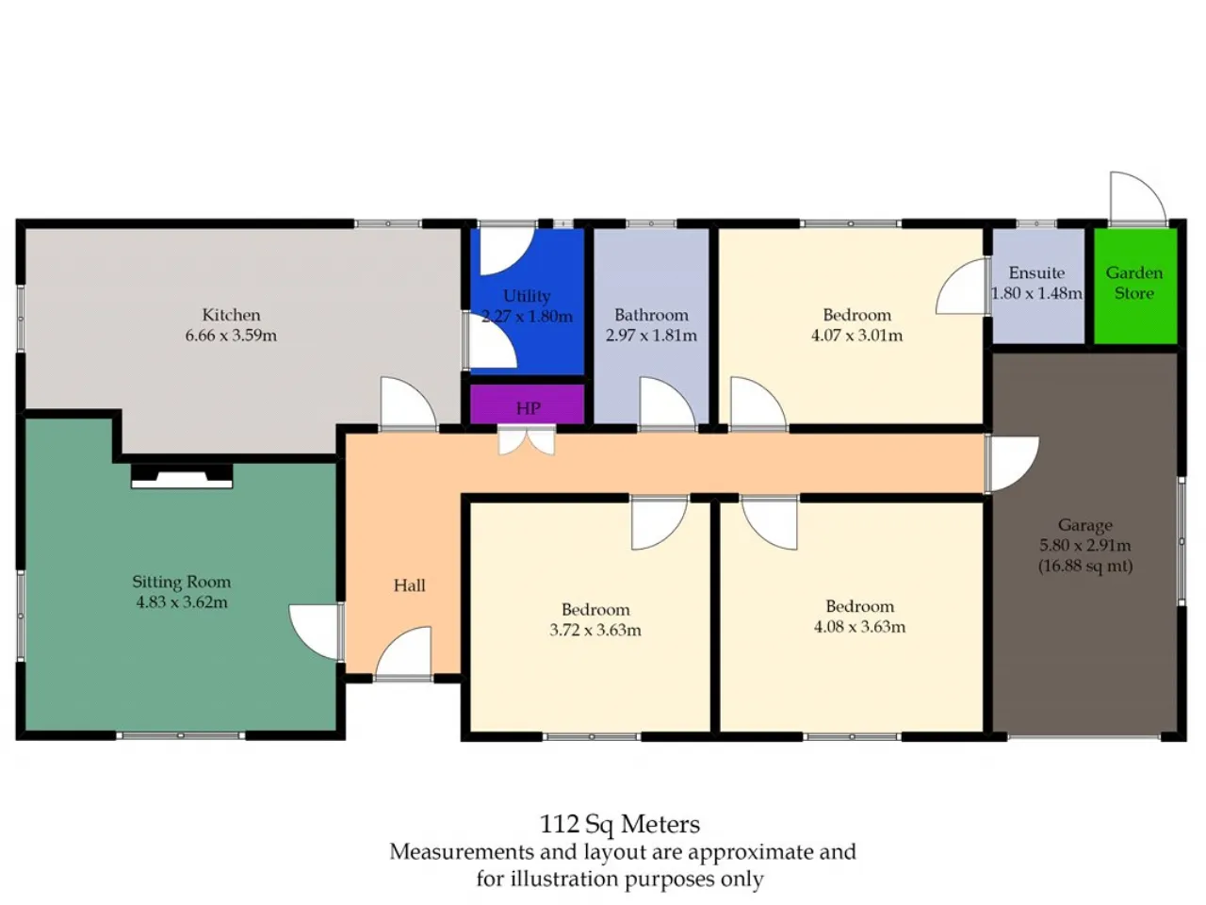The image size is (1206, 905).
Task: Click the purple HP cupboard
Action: tap(527, 403)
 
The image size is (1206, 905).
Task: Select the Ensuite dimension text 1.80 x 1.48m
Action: tap(1036, 293)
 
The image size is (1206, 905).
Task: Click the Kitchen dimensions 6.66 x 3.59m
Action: tap(231, 336)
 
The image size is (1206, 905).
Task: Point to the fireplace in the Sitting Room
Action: tap(182, 476)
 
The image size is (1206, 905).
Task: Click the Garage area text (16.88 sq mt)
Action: tap(1085, 566)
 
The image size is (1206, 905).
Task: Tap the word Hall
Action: tap(409, 585)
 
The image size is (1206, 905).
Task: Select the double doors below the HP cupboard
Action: tap(526, 440)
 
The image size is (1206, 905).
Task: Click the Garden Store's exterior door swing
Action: tap(1137, 197)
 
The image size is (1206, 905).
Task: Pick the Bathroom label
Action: tap(651, 315)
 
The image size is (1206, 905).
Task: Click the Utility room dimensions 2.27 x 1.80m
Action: tap(527, 317)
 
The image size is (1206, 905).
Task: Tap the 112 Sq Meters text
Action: tap(620, 824)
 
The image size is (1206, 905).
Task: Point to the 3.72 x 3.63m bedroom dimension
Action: tap(595, 630)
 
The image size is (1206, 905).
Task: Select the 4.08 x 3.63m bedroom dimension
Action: tap(859, 626)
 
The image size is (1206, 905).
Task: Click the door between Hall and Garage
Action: tap(1012, 464)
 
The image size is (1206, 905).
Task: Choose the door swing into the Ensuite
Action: tap(963, 287)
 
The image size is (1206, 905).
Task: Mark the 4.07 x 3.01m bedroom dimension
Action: tap(856, 336)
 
